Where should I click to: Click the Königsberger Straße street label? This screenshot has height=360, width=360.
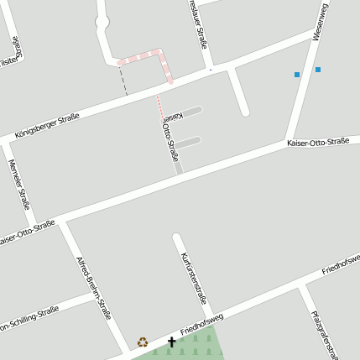coord(48,125)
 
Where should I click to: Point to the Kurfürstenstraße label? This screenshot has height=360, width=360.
coord(194,276)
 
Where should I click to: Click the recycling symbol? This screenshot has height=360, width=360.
coord(143,342)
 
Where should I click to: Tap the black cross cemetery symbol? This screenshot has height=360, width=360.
coord(172,342)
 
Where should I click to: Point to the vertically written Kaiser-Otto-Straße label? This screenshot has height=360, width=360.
coord(168,133)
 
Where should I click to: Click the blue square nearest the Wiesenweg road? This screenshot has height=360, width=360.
coord(318,70)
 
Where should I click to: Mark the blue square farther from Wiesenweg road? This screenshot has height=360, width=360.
coord(297,75)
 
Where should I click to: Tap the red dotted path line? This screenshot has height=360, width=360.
coord(159,106)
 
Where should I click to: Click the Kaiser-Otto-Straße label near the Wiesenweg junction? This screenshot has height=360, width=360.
coord(317,143)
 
